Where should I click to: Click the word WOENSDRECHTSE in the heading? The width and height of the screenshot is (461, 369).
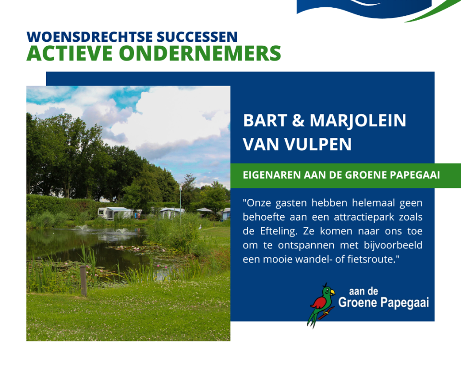pyautogui.click(x=90, y=37)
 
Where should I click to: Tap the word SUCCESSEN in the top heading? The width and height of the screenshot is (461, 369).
pyautogui.click(x=197, y=37)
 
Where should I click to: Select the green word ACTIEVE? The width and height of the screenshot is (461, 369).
pyautogui.click(x=70, y=53)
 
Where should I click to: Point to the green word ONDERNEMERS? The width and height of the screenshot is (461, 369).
pyautogui.click(x=200, y=53)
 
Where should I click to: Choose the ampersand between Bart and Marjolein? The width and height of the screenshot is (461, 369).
pyautogui.click(x=298, y=120)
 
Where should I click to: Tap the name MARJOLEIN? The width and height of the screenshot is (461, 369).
pyautogui.click(x=358, y=121)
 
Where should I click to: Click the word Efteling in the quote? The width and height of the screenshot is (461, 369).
pyautogui.click(x=279, y=231)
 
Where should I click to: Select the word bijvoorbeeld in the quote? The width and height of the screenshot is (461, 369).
pyautogui.click(x=393, y=245)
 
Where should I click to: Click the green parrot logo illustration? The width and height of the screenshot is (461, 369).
pyautogui.click(x=321, y=306)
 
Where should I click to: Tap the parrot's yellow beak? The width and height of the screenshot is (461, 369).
pyautogui.click(x=332, y=292)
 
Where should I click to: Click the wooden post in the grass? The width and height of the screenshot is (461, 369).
pyautogui.click(x=84, y=281)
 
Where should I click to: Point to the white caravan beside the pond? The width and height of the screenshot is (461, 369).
pyautogui.click(x=115, y=213)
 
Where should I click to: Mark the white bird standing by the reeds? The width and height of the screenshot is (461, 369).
pyautogui.click(x=200, y=227)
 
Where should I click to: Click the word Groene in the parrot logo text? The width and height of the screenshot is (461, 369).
pyautogui.click(x=357, y=302)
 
